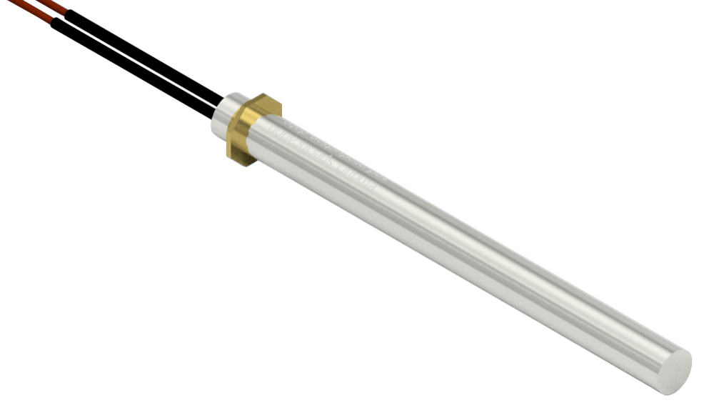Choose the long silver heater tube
[x=464, y=250]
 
